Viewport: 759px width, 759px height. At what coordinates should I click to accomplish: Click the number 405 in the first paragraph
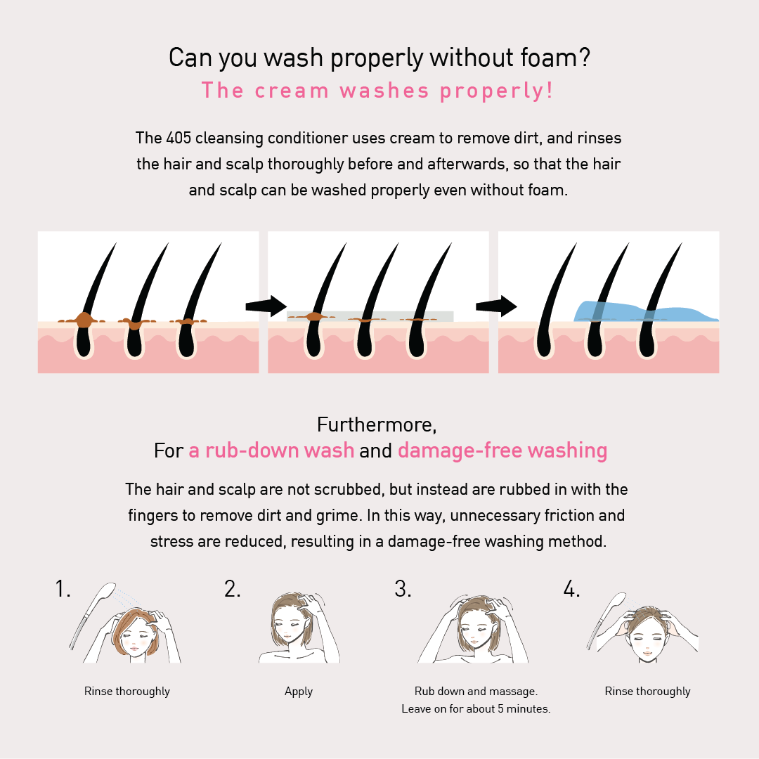(x=179, y=138)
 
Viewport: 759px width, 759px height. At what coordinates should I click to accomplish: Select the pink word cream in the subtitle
(x=292, y=91)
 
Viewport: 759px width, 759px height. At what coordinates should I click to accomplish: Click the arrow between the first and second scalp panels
(x=266, y=306)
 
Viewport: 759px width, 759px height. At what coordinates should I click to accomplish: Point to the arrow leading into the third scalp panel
(x=496, y=306)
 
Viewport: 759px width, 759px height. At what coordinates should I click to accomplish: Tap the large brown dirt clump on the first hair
(x=83, y=320)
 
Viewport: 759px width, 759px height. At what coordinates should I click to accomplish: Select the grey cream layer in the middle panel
(x=370, y=316)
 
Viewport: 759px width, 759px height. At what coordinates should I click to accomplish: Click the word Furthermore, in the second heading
(x=377, y=424)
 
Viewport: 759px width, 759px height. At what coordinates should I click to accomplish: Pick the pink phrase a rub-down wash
(x=271, y=450)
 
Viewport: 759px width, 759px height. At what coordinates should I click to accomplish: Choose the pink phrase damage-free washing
(x=502, y=450)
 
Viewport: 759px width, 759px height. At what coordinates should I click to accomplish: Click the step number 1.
(x=63, y=589)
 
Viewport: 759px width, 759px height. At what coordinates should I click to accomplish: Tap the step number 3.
(x=403, y=589)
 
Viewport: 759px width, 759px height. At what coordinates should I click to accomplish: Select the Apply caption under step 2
(x=299, y=692)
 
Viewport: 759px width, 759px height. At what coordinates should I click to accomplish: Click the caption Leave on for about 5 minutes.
(x=476, y=708)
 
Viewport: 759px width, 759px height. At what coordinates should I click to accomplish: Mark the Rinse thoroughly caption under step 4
(x=648, y=692)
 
